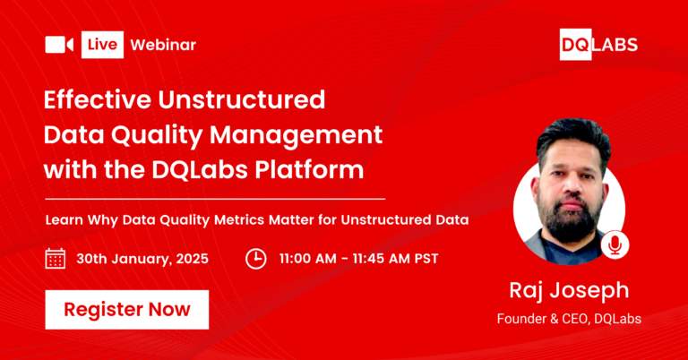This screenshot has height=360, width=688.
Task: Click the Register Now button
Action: (127, 309)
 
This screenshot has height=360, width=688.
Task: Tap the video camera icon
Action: (59, 45)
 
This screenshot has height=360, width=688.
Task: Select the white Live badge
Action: (102, 45)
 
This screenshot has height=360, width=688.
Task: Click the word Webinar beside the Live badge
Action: (163, 45)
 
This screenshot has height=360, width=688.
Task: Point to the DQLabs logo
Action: (598, 44)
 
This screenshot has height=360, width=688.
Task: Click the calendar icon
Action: (56, 258)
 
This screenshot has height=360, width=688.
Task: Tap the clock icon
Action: (256, 259)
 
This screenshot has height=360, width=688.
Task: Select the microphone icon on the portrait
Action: (615, 245)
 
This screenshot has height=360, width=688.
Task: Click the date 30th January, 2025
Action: (142, 259)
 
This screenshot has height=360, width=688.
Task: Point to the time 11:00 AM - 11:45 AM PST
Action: (359, 259)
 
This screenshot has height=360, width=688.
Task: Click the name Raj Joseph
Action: (569, 291)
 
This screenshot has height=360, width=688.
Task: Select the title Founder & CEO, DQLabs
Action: (569, 319)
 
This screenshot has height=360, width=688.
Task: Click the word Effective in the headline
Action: (98, 99)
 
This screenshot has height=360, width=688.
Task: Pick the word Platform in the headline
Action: (309, 169)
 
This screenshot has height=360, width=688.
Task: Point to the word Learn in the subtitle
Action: (64, 219)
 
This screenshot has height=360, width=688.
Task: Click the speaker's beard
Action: (571, 219)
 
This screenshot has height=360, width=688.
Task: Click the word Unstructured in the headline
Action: (242, 99)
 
